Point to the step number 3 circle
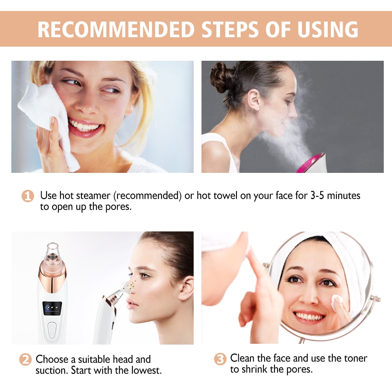(x=220, y=359)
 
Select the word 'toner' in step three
(x=352, y=358)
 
